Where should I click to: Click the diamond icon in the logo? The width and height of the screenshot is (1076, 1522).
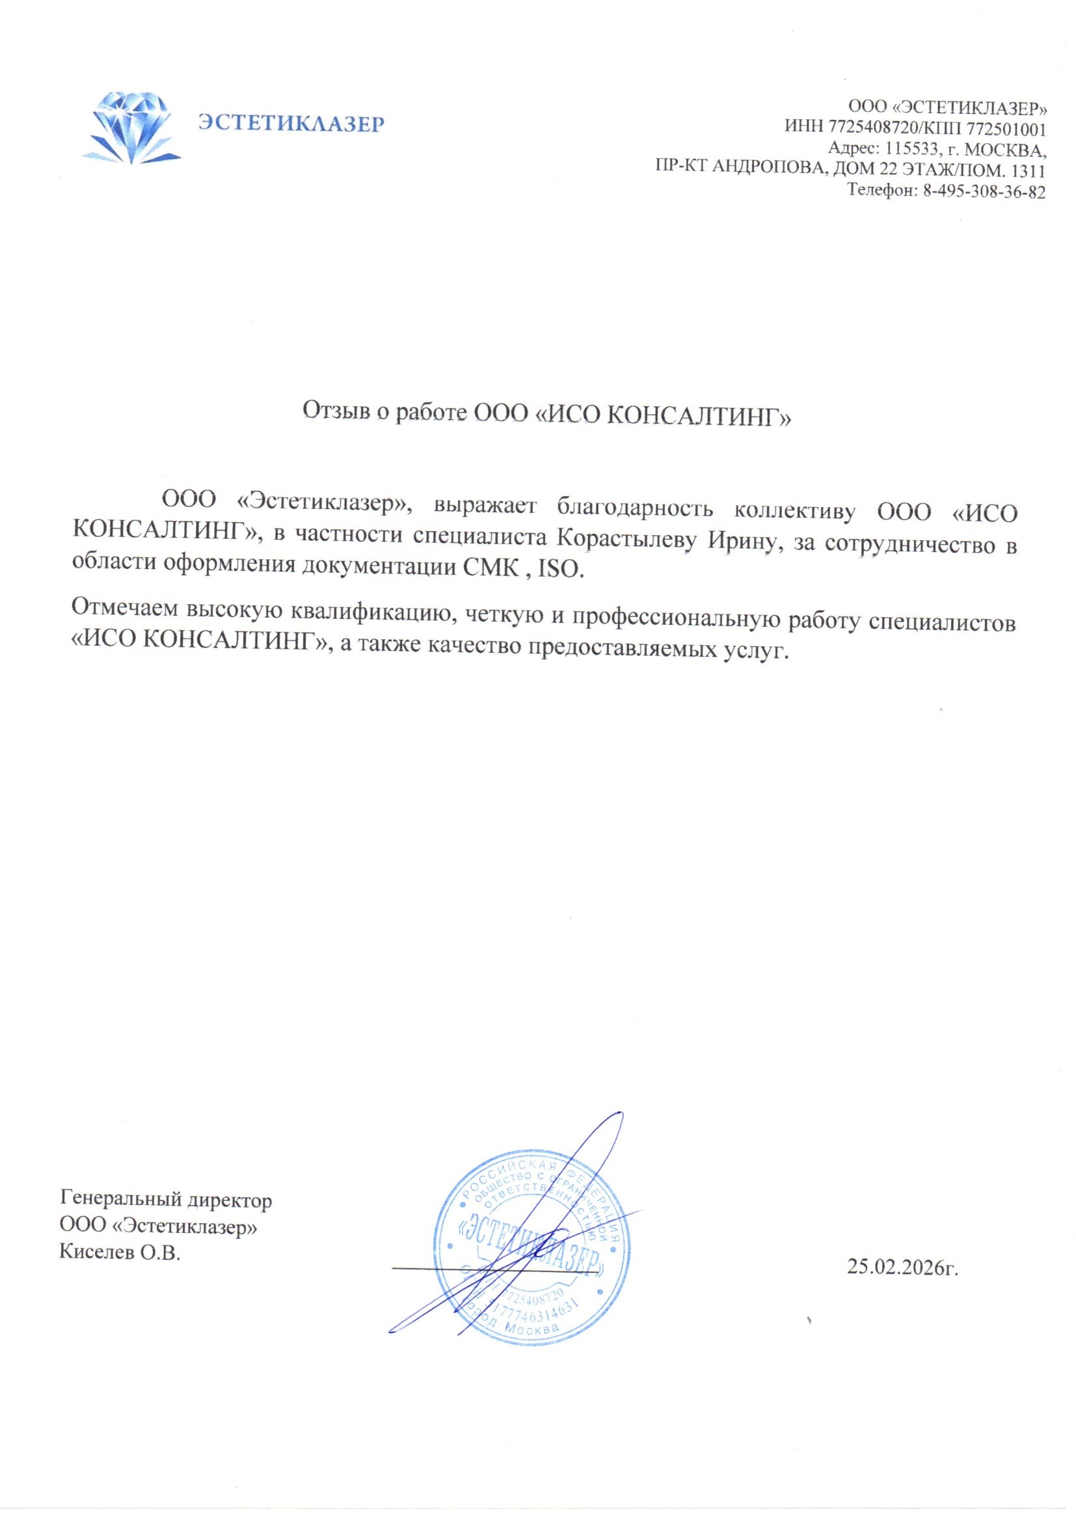coord(135,128)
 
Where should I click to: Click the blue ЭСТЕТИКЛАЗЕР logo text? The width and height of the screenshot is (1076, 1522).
coord(291,124)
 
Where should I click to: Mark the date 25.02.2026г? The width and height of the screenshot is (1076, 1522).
coord(902,1267)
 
